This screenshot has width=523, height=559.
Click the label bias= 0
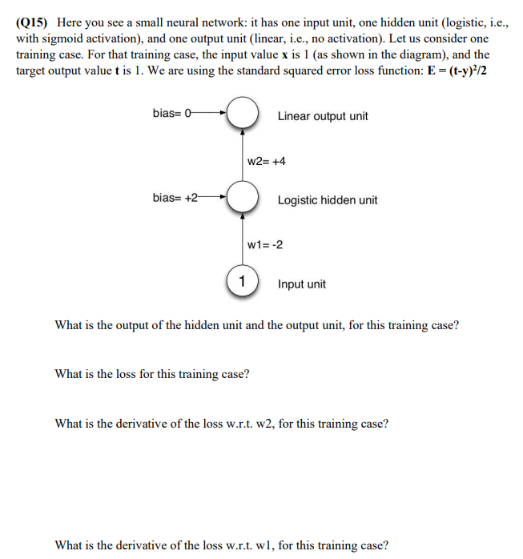pyautogui.click(x=172, y=113)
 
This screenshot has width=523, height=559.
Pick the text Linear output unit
pyautogui.click(x=323, y=116)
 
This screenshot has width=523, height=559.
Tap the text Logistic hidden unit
pyautogui.click(x=328, y=200)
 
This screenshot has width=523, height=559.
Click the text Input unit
pyautogui.click(x=302, y=284)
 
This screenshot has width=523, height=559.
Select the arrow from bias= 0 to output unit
pyautogui.click(x=210, y=113)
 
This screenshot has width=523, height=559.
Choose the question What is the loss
pyautogui.click(x=151, y=374)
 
